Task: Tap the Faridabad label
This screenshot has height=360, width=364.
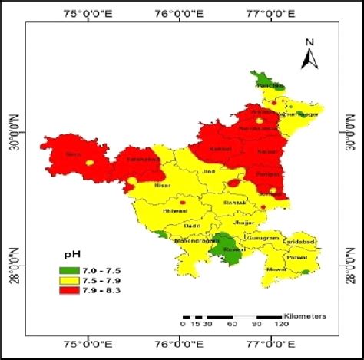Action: pyautogui.click(x=300, y=242)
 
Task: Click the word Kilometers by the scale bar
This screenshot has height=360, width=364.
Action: pyautogui.click(x=306, y=315)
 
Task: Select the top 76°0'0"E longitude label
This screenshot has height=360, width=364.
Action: pyautogui.click(x=179, y=13)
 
